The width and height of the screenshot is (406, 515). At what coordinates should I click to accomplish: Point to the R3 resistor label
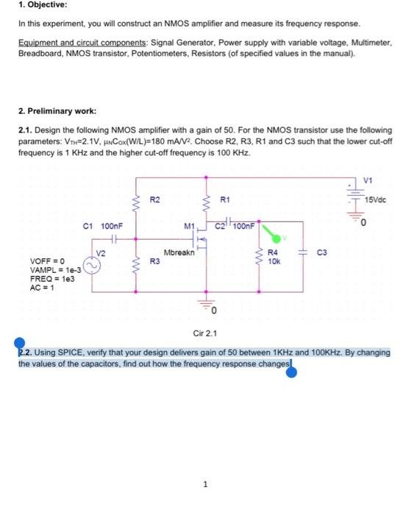(x=154, y=260)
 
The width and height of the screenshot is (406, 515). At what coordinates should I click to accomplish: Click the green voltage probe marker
(x=274, y=238)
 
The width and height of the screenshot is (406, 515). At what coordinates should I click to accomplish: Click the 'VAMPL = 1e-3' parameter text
(x=50, y=270)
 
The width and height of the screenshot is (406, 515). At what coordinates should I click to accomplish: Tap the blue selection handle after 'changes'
(x=291, y=373)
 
